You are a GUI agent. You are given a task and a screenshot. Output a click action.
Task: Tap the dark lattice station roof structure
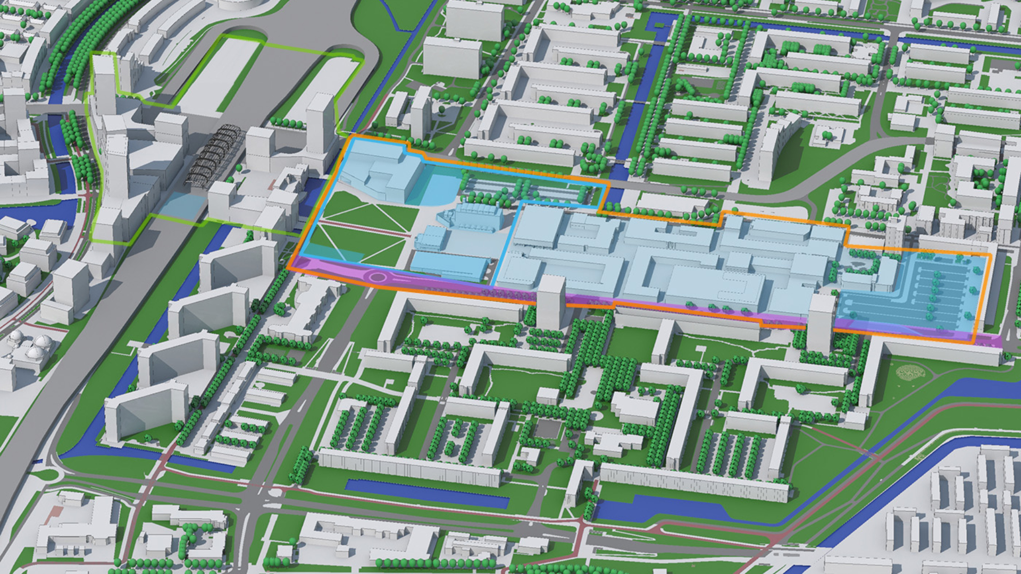coord(213,154)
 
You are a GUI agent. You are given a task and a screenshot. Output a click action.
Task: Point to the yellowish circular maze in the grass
coord(910,372)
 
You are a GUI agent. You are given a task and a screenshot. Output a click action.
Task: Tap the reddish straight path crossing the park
coord(367,229)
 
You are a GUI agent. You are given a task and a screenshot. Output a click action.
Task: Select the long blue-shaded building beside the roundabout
coord(449,266)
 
